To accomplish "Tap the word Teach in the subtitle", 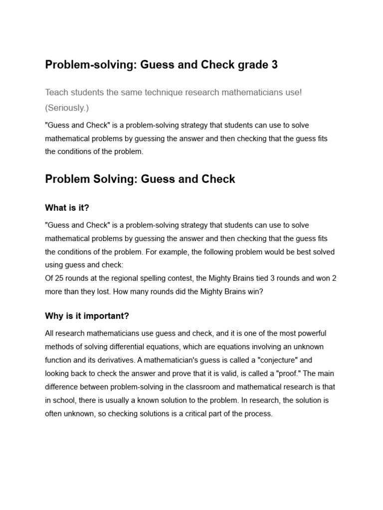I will click(57, 93).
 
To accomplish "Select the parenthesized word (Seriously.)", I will click(67, 108).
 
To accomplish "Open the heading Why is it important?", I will click(87, 316).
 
